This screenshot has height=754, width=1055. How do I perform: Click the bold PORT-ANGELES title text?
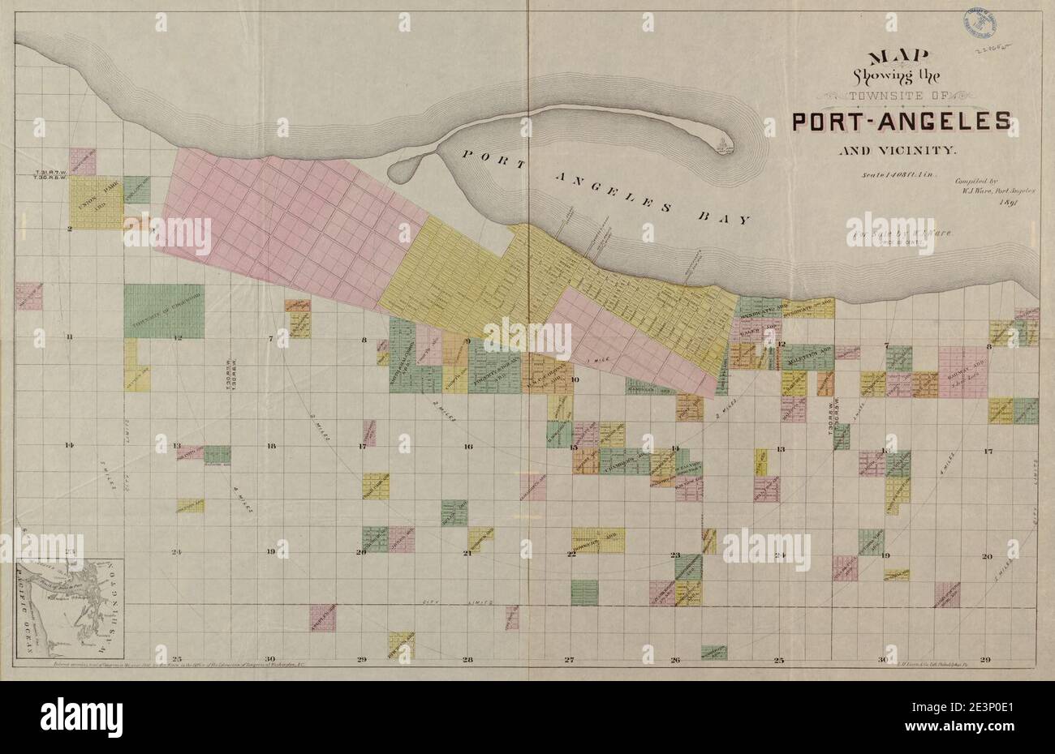pos(901,122)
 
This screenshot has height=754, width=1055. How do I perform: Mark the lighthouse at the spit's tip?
pos(721,147)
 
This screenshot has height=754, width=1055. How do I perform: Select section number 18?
pos(271,446)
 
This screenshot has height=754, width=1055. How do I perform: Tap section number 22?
pos(571,555)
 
